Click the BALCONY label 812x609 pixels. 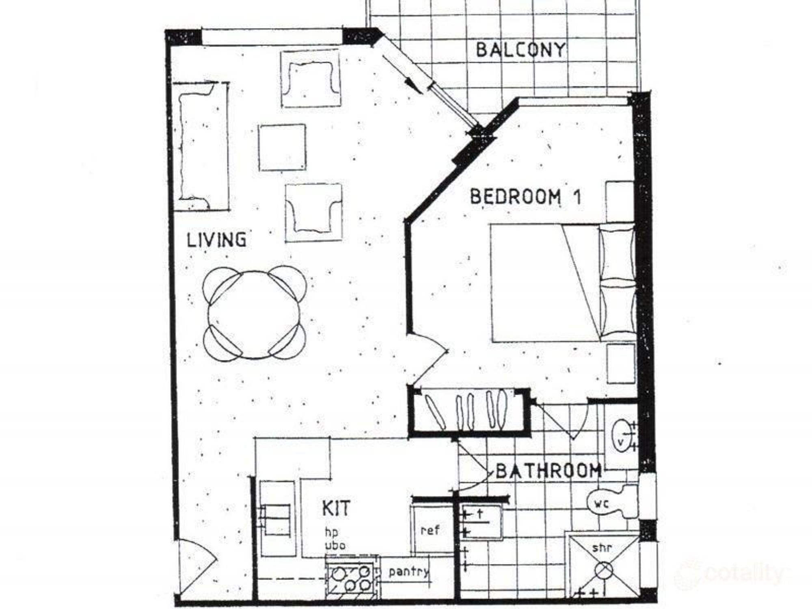(x=520, y=50)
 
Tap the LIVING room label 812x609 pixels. (x=216, y=240)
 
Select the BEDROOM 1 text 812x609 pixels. (x=525, y=197)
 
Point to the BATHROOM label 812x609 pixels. (x=548, y=471)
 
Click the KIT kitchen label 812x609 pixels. (x=336, y=508)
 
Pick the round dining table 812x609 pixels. (x=254, y=315)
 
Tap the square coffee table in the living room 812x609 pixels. (x=282, y=147)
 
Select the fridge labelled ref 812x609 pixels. (x=430, y=530)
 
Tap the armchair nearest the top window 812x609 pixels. (x=311, y=78)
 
